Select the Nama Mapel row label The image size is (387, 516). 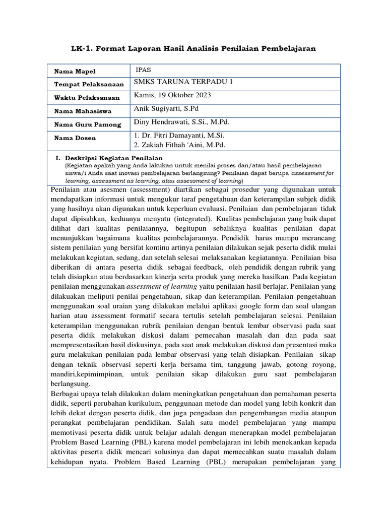pos(75,72)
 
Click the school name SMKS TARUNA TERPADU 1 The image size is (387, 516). pos(183,83)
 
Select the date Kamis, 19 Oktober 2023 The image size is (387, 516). pos(173,96)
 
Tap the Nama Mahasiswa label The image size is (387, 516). pos(83,111)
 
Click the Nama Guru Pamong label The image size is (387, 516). pos(88,124)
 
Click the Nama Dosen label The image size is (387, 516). pos(75,138)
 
